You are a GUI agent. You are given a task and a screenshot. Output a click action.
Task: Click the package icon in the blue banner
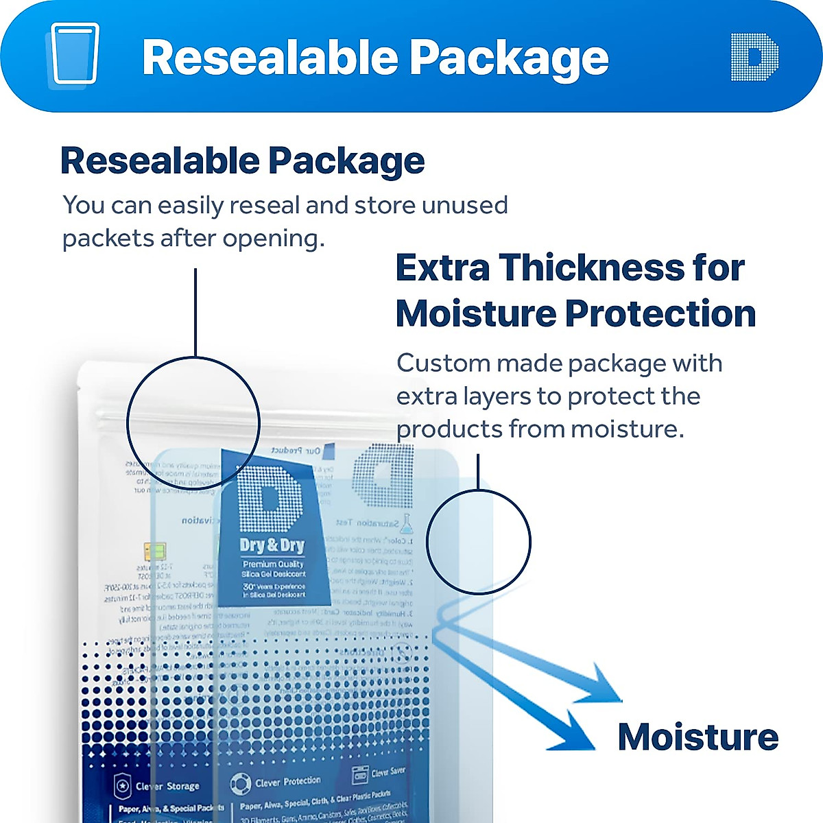pyautogui.click(x=74, y=55)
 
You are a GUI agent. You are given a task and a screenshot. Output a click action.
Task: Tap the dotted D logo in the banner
pyautogui.click(x=754, y=57)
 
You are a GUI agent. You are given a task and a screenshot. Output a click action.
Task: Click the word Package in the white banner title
pyautogui.click(x=508, y=58)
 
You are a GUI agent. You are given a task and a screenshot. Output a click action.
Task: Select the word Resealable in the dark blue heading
pyautogui.click(x=158, y=160)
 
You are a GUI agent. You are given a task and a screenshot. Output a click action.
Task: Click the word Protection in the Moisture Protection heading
pyautogui.click(x=660, y=313)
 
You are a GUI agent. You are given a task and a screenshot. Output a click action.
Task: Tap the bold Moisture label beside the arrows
pyautogui.click(x=697, y=737)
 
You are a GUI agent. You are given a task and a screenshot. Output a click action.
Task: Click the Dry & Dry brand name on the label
pyautogui.click(x=272, y=546)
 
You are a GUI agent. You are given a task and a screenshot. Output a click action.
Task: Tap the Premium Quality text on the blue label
pyautogui.click(x=272, y=564)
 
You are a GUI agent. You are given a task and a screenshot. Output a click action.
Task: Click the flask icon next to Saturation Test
pyautogui.click(x=407, y=525)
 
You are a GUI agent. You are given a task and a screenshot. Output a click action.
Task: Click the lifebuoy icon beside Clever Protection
pyautogui.click(x=240, y=783)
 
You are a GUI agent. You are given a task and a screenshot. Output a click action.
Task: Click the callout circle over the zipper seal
pyautogui.click(x=193, y=422)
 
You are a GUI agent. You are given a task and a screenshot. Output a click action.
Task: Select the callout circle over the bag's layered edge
pyautogui.click(x=478, y=542)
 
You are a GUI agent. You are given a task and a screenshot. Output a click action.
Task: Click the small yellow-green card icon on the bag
pyautogui.click(x=154, y=551)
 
